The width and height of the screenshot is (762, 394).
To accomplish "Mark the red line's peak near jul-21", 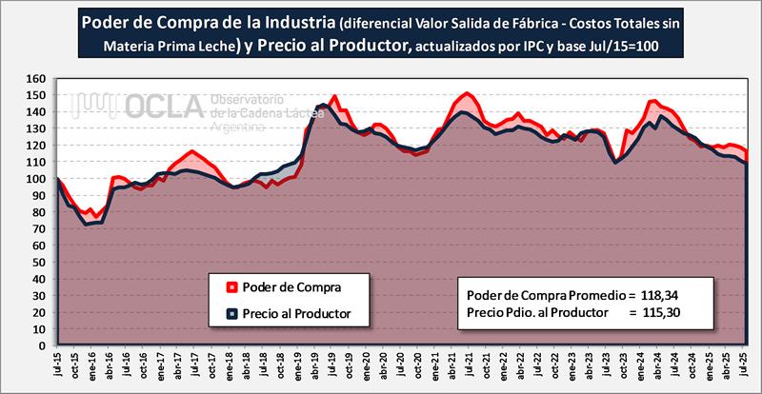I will (x=467, y=93).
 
